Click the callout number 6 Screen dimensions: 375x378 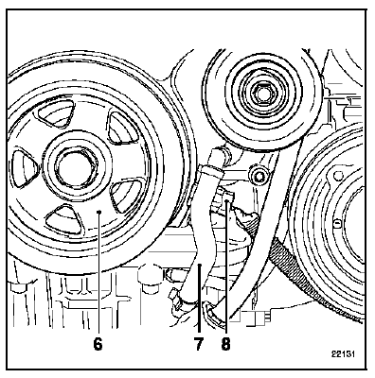pyautogui.click(x=98, y=344)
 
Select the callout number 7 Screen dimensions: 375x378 pyautogui.click(x=198, y=344)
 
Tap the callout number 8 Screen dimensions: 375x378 pyautogui.click(x=225, y=344)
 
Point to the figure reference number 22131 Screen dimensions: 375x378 pyautogui.click(x=343, y=353)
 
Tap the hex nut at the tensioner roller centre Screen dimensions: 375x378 pyautogui.click(x=261, y=94)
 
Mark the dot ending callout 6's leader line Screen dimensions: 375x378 pyautogui.click(x=98, y=212)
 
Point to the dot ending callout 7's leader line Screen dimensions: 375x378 pyautogui.click(x=200, y=266)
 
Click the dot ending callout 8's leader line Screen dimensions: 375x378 pyautogui.click(x=226, y=203)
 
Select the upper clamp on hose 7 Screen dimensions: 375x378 pyautogui.click(x=209, y=170)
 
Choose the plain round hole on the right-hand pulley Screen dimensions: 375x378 pyautogui.click(x=338, y=175)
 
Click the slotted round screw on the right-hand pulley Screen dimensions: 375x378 pyautogui.click(x=337, y=223)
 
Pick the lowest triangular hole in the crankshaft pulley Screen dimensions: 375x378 pyautogui.click(x=64, y=219)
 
